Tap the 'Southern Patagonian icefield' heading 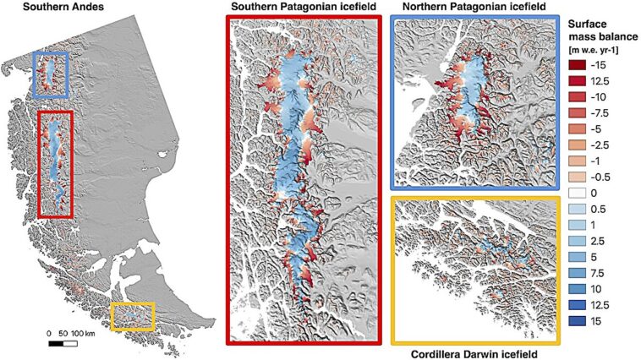pyautogui.click(x=304, y=8)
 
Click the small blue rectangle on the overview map pyautogui.click(x=51, y=74)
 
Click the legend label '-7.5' pyautogui.click(x=609, y=113)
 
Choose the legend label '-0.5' pyautogui.click(x=609, y=177)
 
